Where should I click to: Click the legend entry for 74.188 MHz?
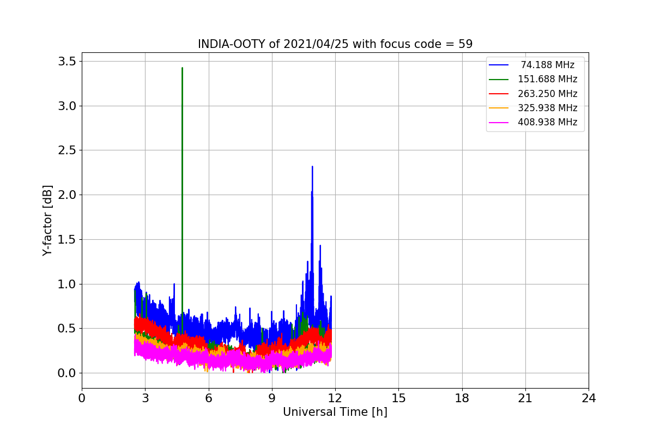pos(547,65)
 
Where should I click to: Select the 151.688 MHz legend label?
pos(547,80)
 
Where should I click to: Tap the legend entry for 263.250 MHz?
pos(547,94)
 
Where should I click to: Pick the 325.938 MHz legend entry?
pos(547,108)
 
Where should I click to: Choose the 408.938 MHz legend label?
pos(547,122)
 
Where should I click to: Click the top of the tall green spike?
pos(182,68)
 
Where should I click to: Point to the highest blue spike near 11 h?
pos(312,167)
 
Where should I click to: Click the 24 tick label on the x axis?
pos(589,398)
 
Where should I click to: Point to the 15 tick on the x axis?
pos(398,398)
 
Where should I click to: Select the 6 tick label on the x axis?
pos(208,398)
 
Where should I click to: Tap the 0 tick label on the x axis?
pos(82,398)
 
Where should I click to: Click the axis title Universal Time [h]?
pos(335,413)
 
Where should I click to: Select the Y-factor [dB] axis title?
pos(48,221)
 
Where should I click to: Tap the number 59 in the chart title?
pos(465,44)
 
